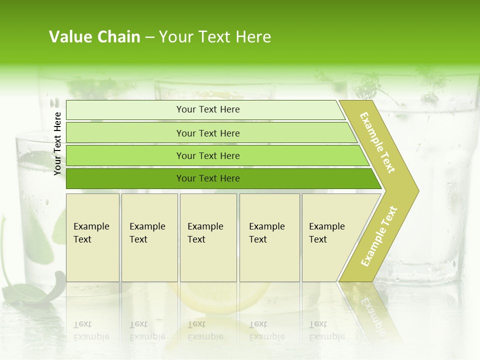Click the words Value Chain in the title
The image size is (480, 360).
click(94, 37)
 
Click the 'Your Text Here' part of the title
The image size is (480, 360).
click(215, 37)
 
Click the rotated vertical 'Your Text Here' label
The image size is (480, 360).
click(57, 143)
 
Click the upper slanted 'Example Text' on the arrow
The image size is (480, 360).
click(377, 142)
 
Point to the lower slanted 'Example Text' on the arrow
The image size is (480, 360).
click(379, 236)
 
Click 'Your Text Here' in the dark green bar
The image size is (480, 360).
click(208, 178)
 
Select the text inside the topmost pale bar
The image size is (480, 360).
click(208, 109)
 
